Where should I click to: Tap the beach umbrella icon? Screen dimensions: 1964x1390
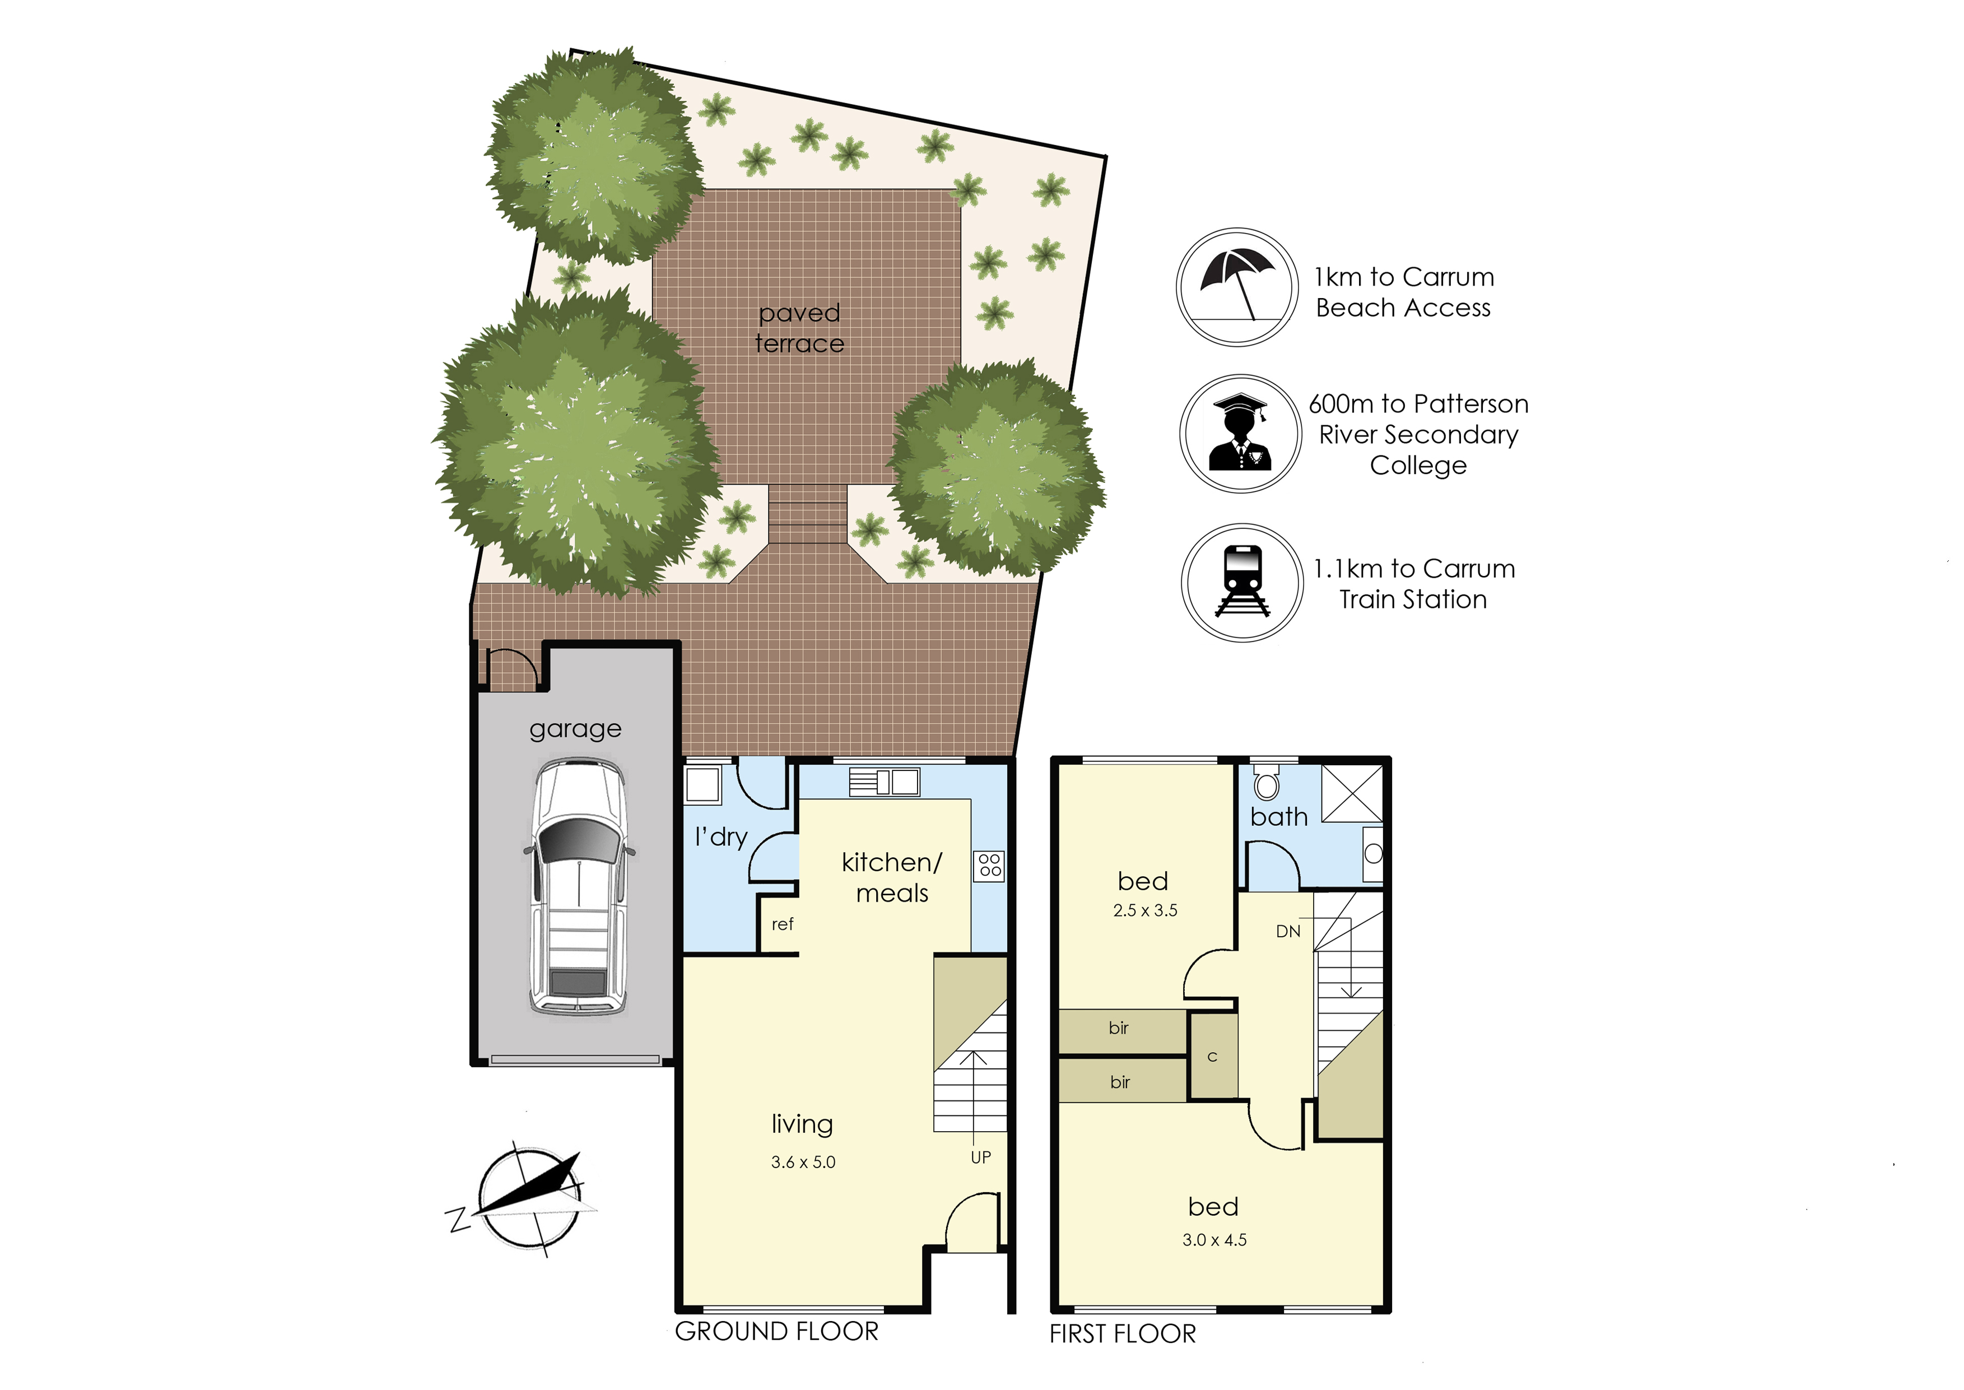point(1237,287)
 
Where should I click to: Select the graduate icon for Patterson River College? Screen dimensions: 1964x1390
point(1241,433)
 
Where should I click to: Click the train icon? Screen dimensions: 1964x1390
point(1242,582)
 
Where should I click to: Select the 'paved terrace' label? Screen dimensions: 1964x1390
point(799,328)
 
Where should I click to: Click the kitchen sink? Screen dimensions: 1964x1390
point(885,782)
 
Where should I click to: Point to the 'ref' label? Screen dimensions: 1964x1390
point(782,924)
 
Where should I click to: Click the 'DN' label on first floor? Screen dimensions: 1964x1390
point(1288,931)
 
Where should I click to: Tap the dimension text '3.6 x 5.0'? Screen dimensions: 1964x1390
point(803,1163)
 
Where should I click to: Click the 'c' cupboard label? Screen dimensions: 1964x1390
point(1212,1057)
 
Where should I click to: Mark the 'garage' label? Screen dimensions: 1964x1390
point(575,730)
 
